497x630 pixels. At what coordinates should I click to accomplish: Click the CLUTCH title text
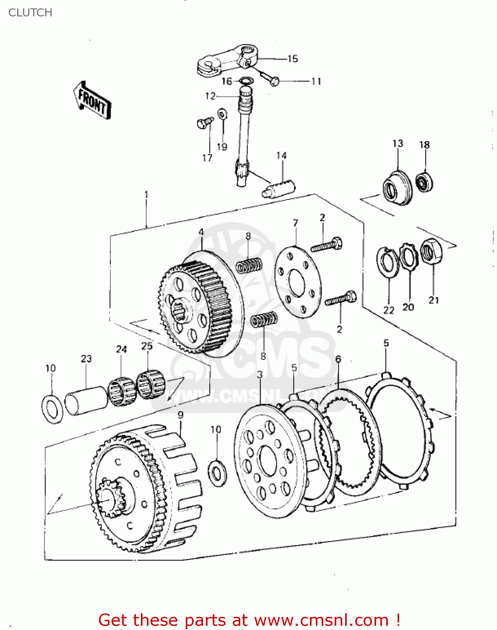(30, 13)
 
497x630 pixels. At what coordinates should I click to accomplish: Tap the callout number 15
(292, 59)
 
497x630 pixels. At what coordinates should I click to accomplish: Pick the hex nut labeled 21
(431, 251)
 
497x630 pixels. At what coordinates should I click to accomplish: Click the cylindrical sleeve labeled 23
(86, 401)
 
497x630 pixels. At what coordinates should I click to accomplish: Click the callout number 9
(180, 415)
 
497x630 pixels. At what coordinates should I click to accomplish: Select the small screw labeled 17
(204, 123)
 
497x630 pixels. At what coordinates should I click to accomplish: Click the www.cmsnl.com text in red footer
(321, 620)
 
